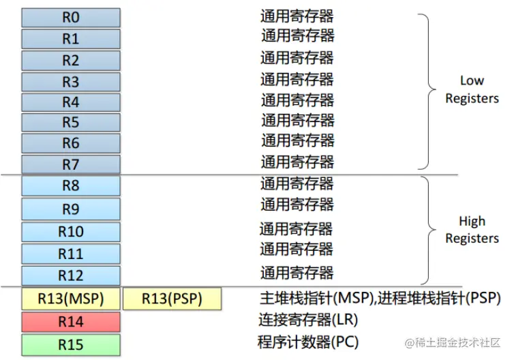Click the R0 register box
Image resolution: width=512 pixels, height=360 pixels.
71,18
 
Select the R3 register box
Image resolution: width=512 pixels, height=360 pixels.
71,82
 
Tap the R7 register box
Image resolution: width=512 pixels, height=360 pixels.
71,164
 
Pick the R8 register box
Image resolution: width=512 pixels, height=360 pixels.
71,185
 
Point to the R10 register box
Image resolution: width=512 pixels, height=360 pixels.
71,232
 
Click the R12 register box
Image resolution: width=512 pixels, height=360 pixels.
71,276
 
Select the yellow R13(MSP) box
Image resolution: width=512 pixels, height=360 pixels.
71,299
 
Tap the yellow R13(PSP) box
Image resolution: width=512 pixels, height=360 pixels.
172,299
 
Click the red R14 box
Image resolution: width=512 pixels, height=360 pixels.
71,321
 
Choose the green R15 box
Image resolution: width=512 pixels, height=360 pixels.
71,344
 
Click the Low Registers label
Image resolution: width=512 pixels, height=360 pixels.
472,89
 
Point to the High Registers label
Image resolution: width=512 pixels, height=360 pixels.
472,230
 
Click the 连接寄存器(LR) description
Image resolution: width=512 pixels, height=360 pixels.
307,319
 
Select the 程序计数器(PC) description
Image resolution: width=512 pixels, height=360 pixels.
308,342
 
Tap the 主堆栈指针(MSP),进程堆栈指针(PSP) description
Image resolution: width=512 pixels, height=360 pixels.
380,298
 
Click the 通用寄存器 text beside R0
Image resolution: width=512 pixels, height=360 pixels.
297,15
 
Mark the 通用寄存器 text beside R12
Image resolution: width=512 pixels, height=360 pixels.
297,273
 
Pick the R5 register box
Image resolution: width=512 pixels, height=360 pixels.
71,123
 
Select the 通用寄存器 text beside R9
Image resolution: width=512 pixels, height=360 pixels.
297,204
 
